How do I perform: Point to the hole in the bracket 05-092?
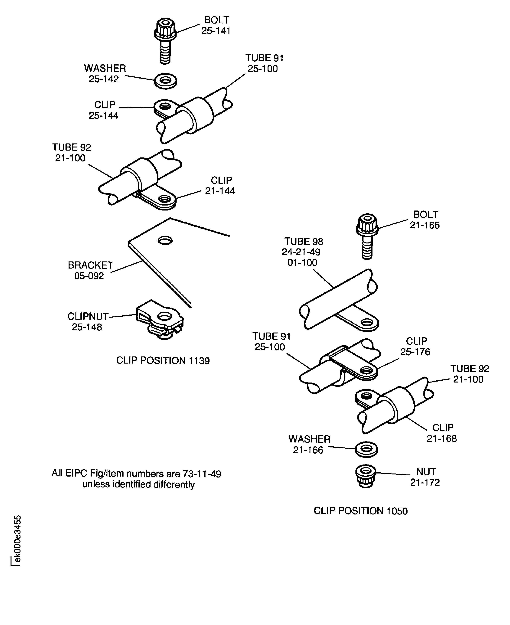165,241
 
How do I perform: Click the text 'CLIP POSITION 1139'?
163,360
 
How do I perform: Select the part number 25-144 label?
103,115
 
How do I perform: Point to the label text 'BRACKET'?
90,265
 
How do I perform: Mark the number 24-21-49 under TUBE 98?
301,252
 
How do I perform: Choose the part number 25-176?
415,352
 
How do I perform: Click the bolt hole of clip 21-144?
165,199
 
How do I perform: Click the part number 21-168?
442,438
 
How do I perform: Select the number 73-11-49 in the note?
202,474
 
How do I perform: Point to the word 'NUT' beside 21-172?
426,472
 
